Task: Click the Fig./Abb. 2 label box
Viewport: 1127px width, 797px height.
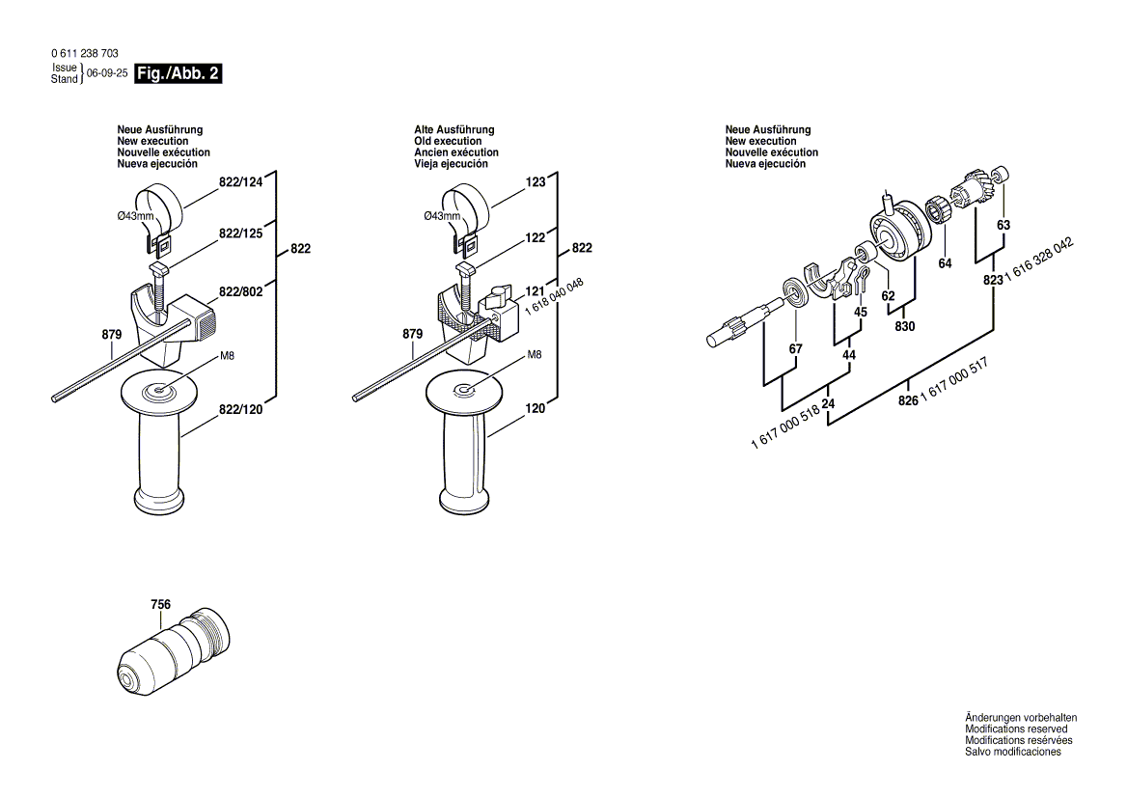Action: tap(179, 73)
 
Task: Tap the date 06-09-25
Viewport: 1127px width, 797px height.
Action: tap(107, 73)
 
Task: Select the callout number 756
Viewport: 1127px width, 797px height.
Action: tap(160, 605)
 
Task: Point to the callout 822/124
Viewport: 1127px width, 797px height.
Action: tap(240, 181)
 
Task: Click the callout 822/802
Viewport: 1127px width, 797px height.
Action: tap(240, 290)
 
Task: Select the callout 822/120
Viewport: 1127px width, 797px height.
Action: tap(240, 410)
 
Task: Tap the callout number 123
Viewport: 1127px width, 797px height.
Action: tap(536, 181)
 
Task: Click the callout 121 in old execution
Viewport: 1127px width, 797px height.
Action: tap(535, 290)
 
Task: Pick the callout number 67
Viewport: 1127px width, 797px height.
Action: tap(795, 348)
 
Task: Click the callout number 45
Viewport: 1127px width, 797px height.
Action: tap(861, 312)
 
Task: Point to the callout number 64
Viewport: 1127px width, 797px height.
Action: tap(945, 262)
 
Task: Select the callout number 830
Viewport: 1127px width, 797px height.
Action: tap(904, 326)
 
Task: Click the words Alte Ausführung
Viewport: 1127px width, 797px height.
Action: tap(454, 129)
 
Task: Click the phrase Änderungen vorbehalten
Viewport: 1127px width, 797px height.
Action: tap(1021, 718)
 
